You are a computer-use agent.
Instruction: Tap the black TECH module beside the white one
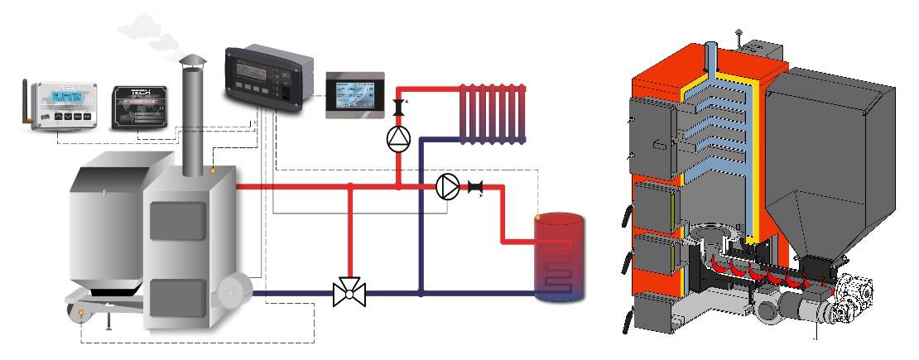(x=141, y=104)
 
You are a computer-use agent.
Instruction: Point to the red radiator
(x=493, y=112)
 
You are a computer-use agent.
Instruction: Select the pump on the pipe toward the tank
(x=448, y=187)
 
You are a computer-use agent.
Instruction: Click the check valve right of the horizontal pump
(x=475, y=187)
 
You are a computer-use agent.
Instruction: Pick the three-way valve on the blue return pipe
(x=349, y=292)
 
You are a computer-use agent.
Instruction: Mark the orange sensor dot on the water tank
(x=538, y=218)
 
